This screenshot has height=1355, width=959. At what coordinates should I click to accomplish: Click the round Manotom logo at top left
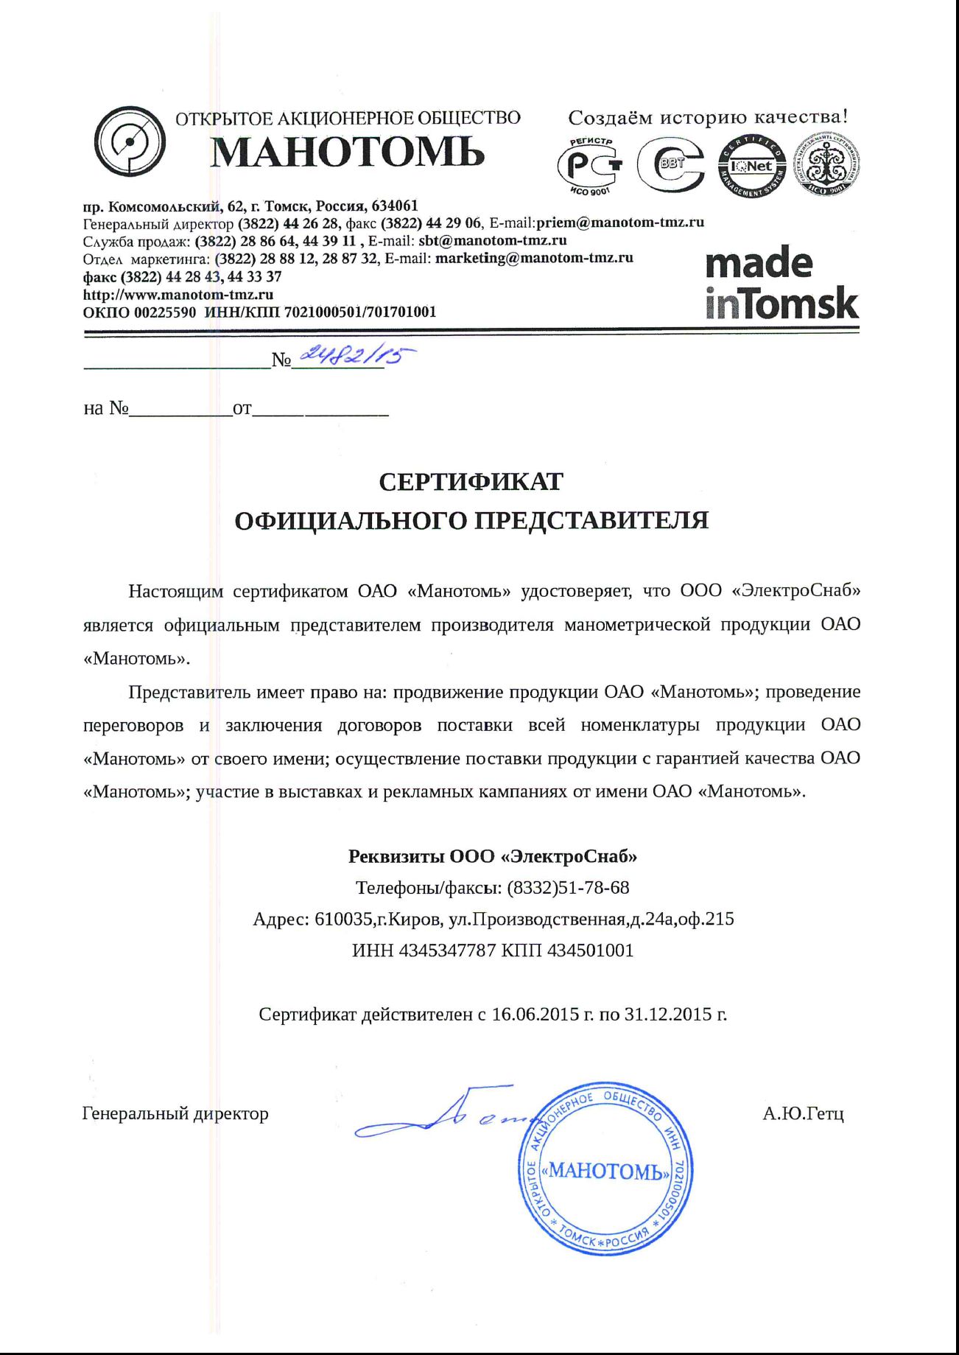pyautogui.click(x=130, y=142)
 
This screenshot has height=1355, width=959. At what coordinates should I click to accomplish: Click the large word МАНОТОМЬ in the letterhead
pyautogui.click(x=347, y=153)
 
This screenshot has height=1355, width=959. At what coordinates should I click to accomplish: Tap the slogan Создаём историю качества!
pyautogui.click(x=708, y=117)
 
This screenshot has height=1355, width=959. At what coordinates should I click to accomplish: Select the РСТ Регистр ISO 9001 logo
pyautogui.click(x=590, y=166)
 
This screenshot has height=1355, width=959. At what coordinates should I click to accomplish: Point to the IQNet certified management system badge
pyautogui.click(x=751, y=167)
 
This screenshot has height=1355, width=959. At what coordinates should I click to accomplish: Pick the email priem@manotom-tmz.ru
pyautogui.click(x=620, y=223)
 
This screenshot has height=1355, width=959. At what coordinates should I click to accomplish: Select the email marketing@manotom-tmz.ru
pyautogui.click(x=534, y=258)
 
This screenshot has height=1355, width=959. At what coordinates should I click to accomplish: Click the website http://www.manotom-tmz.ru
pyautogui.click(x=178, y=294)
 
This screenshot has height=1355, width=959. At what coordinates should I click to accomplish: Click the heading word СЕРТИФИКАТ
pyautogui.click(x=471, y=482)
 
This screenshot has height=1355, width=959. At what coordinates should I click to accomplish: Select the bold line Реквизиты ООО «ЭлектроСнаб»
pyautogui.click(x=492, y=856)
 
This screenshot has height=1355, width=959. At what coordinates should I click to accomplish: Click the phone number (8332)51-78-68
pyautogui.click(x=568, y=888)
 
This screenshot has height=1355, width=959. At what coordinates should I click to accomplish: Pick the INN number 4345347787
pyautogui.click(x=447, y=950)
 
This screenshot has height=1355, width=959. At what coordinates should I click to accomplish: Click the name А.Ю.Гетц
pyautogui.click(x=803, y=1113)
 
